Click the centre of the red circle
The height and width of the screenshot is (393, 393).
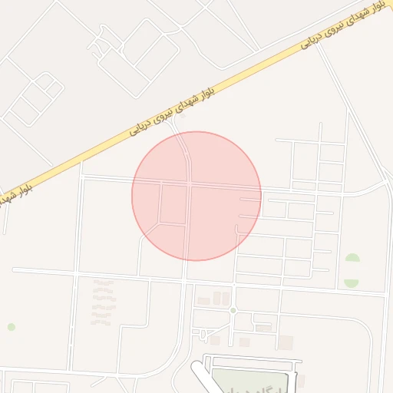pyautogui.click(x=196, y=196)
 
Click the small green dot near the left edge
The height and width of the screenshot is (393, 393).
pyautogui.click(x=12, y=327)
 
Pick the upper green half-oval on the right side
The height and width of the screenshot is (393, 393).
pyautogui.click(x=352, y=260)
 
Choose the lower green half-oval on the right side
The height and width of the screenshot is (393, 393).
pyautogui.click(x=352, y=282)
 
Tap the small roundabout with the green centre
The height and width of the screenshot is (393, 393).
pyautogui.click(x=232, y=310)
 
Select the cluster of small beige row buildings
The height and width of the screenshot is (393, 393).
pyautogui.click(x=103, y=302)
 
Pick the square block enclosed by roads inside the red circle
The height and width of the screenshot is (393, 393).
pyautogui.click(x=173, y=204)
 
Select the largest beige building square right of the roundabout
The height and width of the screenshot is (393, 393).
pyautogui.click(x=286, y=342)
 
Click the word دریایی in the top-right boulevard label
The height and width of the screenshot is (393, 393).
pyautogui.click(x=314, y=37)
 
